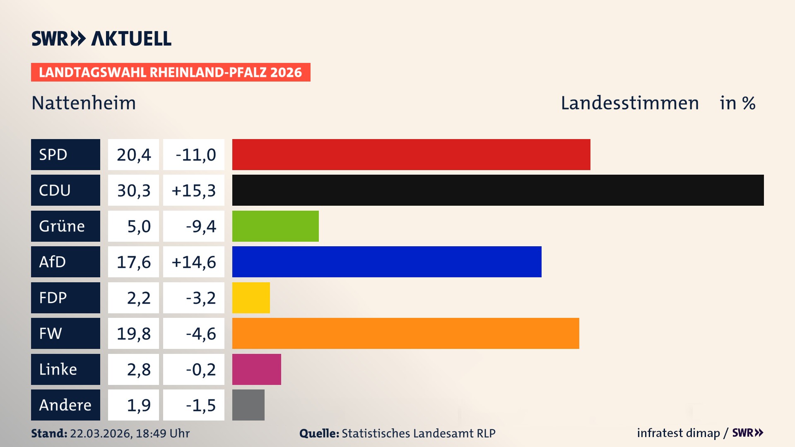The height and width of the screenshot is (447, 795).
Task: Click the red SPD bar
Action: coord(411,154)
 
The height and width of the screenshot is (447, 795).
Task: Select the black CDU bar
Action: coord(498,190)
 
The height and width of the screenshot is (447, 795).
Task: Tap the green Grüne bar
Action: coord(275,226)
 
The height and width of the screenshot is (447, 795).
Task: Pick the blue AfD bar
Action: coord(387,262)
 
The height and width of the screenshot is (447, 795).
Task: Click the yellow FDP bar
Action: coord(251,298)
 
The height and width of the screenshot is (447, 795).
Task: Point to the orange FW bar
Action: coord(405,333)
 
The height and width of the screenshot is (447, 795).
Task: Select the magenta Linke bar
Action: coord(256,369)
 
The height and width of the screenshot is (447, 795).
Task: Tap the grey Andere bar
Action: coord(248,405)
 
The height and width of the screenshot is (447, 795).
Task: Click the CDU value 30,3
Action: coord(133,190)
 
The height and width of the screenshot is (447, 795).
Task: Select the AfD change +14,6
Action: coord(194,262)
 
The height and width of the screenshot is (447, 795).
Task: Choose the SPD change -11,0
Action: coord(195,155)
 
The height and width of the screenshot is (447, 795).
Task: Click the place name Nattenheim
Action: coord(84,103)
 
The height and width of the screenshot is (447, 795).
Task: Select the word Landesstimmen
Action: coord(629,103)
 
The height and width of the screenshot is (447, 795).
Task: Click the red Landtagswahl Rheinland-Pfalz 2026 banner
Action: coord(170,72)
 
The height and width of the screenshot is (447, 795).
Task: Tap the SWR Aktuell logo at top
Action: coord(101,38)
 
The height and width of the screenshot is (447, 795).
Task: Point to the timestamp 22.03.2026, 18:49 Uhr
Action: coord(130,433)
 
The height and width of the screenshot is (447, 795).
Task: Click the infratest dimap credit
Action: coord(678,433)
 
